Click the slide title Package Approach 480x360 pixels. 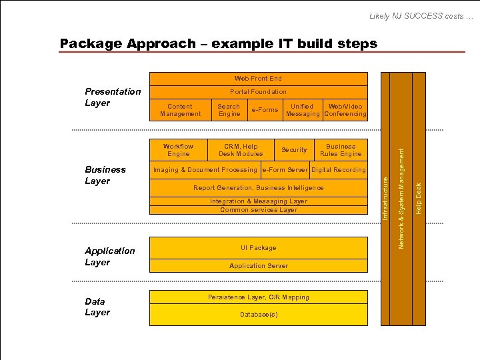[x=218, y=44]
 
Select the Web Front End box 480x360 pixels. [x=258, y=79]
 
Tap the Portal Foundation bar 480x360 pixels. [x=258, y=92]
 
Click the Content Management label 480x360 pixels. [x=180, y=110]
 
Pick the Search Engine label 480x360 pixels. [x=229, y=110]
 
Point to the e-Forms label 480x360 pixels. [x=265, y=110]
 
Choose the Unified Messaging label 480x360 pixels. [x=303, y=110]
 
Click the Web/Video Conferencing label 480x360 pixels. [x=345, y=110]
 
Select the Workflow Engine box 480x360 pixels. [x=178, y=150]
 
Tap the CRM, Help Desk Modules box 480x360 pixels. [x=241, y=150]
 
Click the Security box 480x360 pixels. [x=294, y=150]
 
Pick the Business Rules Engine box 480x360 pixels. [x=341, y=150]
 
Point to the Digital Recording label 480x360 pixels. [x=339, y=170]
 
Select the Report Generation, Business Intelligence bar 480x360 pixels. [x=258, y=188]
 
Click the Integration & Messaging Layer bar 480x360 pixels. [x=258, y=201]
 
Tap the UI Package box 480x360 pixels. [x=258, y=248]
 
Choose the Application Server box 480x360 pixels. [x=258, y=266]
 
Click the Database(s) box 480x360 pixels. [x=258, y=314]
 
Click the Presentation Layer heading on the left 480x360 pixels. [x=113, y=97]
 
